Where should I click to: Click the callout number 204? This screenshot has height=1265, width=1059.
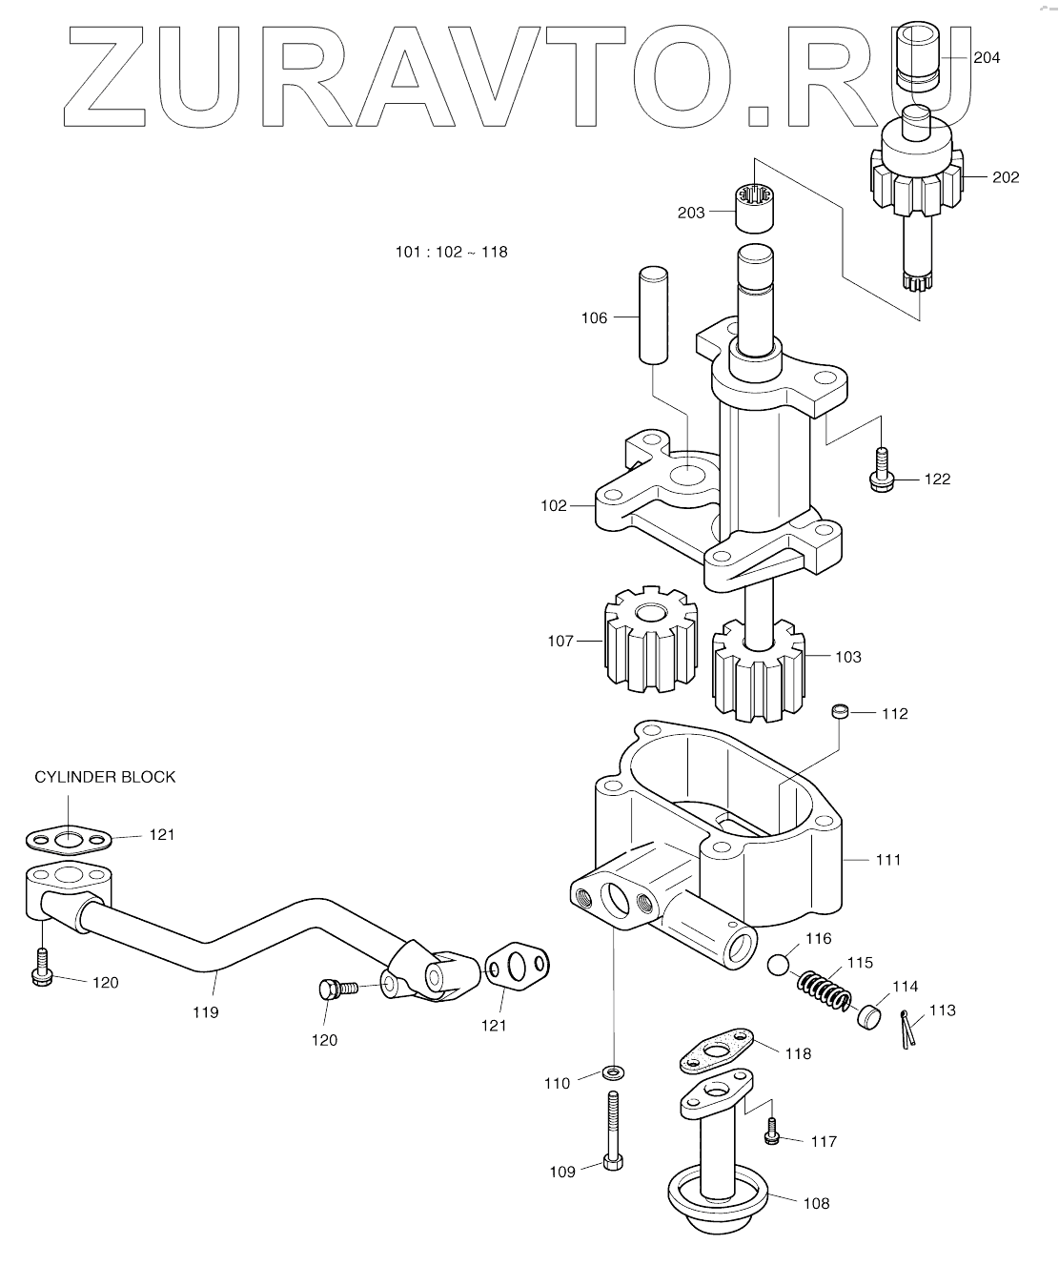987,58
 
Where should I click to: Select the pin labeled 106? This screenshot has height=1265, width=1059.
651,315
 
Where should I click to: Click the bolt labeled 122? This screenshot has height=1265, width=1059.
882,472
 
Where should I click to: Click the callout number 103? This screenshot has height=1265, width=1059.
847,657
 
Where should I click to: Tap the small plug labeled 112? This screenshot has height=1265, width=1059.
840,711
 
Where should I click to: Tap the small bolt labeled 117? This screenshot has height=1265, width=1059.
772,1133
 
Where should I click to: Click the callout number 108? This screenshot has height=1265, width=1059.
816,1203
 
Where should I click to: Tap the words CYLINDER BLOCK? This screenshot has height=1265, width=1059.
105,777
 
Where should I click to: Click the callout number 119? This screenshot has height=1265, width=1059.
205,1012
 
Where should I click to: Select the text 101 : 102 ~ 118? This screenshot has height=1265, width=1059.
452,253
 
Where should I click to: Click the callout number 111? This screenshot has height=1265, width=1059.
887,860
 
